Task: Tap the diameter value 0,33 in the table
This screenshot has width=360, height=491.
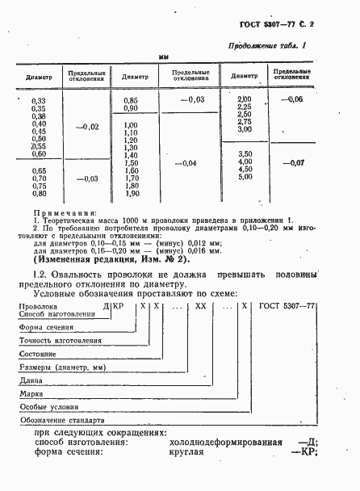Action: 38,99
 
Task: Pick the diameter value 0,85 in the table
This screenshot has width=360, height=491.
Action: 131,99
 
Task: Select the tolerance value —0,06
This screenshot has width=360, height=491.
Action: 291,99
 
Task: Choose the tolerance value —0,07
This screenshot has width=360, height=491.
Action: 292,164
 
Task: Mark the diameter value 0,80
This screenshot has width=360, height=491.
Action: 38,194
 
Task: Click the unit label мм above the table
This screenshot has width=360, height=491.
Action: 164,58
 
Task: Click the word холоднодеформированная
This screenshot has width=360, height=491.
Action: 225,443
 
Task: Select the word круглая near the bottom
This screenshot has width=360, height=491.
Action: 187,453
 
